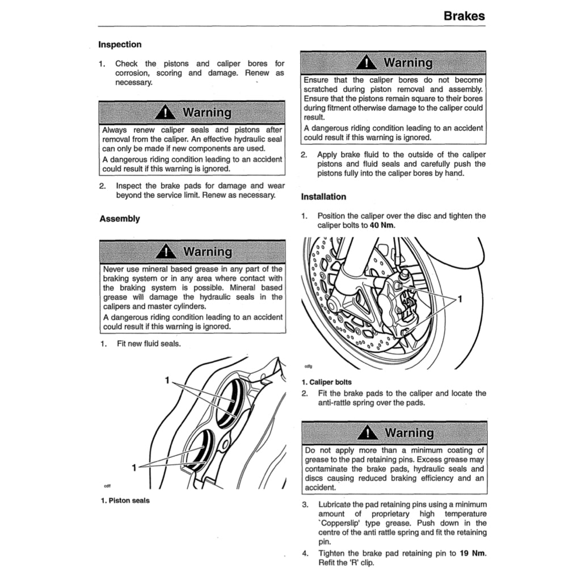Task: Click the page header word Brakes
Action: (464, 16)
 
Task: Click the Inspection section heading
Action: (120, 44)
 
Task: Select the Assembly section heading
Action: (119, 218)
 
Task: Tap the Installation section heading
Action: (323, 197)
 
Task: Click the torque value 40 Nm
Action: (382, 225)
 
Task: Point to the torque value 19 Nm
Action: (473, 554)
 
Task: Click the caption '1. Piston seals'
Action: (125, 500)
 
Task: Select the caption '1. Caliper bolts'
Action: (326, 382)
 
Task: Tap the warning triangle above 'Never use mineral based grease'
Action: (166, 251)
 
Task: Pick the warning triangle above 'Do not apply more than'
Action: (368, 433)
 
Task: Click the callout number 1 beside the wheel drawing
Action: (460, 300)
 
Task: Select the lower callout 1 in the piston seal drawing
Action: (134, 468)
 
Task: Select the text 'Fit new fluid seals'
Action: (149, 344)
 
